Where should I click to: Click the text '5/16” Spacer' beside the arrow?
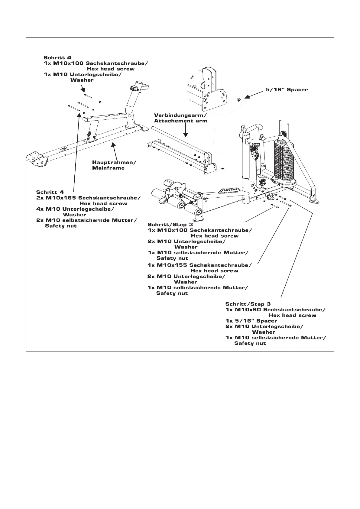tap(286, 89)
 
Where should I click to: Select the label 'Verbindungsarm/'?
tap(180, 115)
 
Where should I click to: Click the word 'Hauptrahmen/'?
tap(114, 162)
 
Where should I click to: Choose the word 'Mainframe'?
tap(108, 168)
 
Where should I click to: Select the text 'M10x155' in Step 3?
tap(172, 265)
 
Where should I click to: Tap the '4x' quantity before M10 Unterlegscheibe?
tap(40, 209)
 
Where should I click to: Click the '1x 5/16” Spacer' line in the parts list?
tap(251, 321)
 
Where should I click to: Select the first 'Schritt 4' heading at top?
tap(57, 57)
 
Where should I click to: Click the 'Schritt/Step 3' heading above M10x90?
tap(248, 304)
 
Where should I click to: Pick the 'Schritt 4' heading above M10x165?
tap(50, 192)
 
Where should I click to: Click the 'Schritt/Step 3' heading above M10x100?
tap(170, 224)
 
